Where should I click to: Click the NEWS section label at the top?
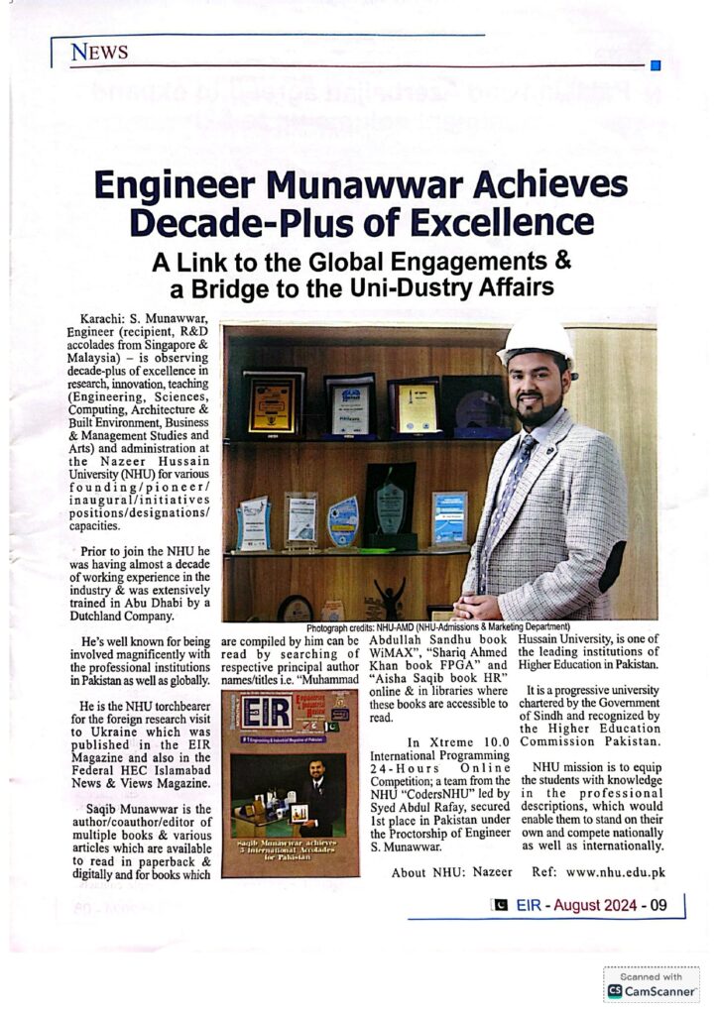pos(99,52)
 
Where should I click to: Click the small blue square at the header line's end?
pos(655,66)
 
